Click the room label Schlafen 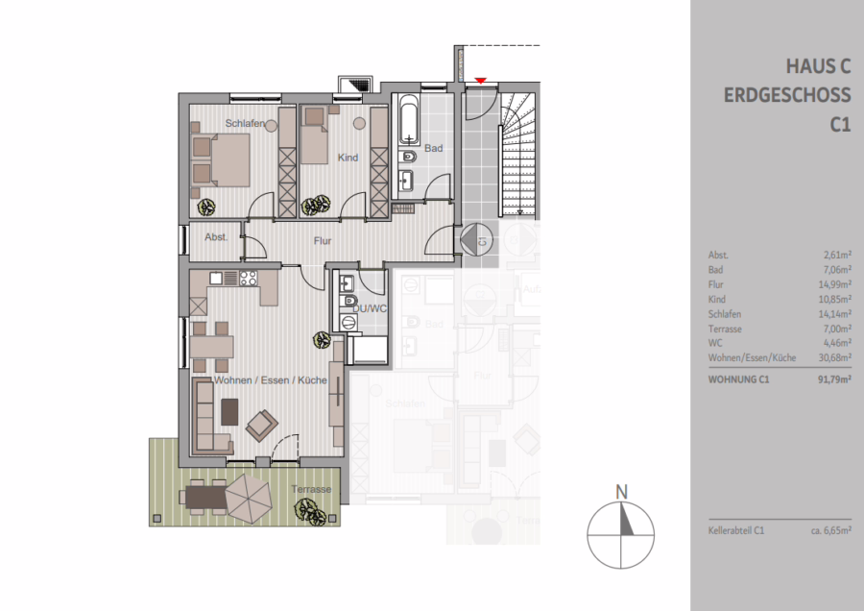click(x=245, y=123)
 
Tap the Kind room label click(x=348, y=157)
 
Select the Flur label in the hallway click(x=322, y=241)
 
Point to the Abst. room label click(x=216, y=237)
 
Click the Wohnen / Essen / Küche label click(x=271, y=380)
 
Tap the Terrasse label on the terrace click(x=312, y=489)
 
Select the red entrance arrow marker click(x=481, y=81)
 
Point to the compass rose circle click(x=622, y=532)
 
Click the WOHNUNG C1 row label click(x=736, y=379)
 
